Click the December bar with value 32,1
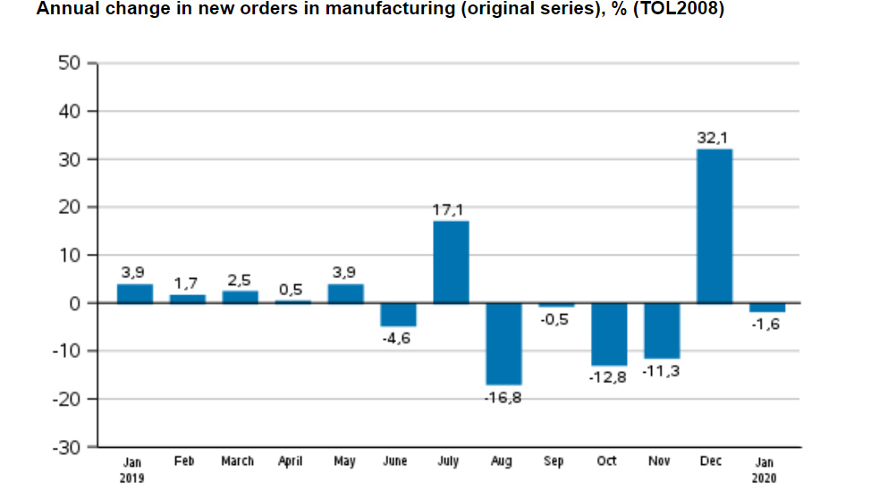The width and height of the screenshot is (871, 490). [x=715, y=225]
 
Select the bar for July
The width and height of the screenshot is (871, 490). [x=451, y=261]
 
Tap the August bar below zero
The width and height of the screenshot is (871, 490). [x=503, y=343]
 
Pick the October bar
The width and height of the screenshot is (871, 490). [x=609, y=334]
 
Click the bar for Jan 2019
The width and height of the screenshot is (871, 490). [x=134, y=293]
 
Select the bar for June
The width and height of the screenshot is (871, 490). [x=398, y=314]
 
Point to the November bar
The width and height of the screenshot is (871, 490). [x=662, y=330]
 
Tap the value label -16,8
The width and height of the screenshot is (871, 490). [x=503, y=397]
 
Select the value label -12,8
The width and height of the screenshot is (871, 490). [x=608, y=377]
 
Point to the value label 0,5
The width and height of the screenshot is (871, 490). [x=292, y=289]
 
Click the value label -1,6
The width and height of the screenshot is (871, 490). [x=767, y=324]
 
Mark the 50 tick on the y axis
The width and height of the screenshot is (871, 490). [x=70, y=63]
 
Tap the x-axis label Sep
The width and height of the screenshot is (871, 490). [x=554, y=461]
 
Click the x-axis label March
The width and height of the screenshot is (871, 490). [x=238, y=461]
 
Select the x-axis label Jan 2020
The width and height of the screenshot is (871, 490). [x=766, y=469]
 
